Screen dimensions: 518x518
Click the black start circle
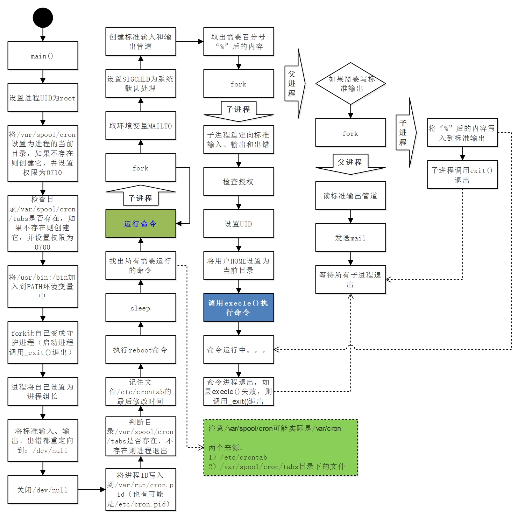tap(43, 17)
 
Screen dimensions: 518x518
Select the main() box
tap(43, 56)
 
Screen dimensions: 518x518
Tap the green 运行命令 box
tap(141, 224)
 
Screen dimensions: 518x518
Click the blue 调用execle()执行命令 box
tap(239, 308)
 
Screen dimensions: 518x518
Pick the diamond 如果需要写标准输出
tap(350, 84)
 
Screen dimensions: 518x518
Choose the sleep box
tap(141, 308)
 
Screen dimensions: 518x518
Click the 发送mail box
tap(350, 238)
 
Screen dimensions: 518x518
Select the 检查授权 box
tap(239, 182)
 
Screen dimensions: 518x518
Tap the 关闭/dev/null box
tap(43, 490)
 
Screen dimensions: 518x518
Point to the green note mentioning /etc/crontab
tap(281, 448)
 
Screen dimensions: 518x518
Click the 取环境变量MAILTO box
tap(141, 126)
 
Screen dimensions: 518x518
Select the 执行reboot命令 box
tap(141, 350)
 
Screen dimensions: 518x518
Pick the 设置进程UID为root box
tap(43, 98)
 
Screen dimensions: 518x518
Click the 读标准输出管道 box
tap(350, 196)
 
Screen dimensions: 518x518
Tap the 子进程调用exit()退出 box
tap(462, 175)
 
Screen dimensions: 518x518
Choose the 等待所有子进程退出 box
tap(350, 280)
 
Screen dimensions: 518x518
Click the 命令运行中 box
tap(239, 350)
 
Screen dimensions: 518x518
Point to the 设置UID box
tap(239, 224)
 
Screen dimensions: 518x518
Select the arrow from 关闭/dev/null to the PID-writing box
tap(92, 490)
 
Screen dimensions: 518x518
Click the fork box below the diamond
tap(350, 133)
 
